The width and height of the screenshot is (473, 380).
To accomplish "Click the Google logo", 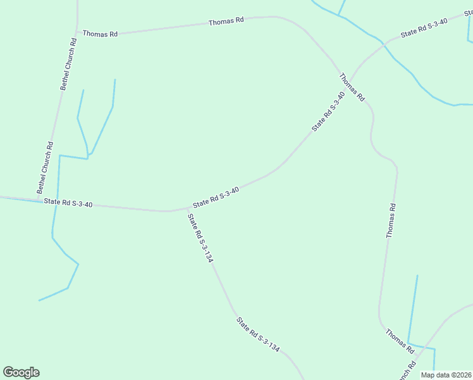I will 21,372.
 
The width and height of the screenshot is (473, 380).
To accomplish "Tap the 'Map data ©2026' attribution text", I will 445,375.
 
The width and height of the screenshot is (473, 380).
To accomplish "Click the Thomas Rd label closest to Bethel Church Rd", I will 100,34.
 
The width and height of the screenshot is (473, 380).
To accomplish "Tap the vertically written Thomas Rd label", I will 391,220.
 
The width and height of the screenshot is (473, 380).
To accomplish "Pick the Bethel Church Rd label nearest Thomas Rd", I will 68,64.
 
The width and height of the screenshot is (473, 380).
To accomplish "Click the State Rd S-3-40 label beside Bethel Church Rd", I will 68,203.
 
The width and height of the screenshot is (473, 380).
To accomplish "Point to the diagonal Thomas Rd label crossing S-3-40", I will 352,87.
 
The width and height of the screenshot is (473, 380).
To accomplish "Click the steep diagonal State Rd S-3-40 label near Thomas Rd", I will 328,111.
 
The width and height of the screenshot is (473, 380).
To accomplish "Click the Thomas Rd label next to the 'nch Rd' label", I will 400,341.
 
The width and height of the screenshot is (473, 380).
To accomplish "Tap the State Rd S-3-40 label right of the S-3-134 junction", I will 216,197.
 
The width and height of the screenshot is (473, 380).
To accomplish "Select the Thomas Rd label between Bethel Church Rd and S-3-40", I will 226,22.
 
